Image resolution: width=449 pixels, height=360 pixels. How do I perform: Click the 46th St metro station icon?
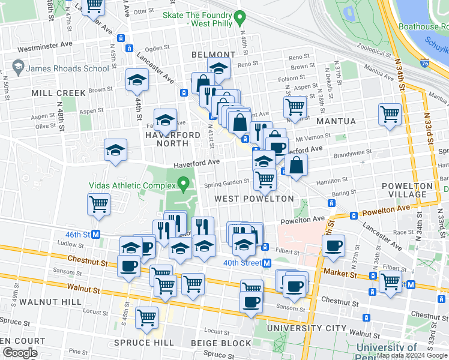[x=79, y=234]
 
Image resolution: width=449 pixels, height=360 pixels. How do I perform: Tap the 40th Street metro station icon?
[x=267, y=263]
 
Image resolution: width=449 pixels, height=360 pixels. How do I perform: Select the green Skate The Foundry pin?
[x=240, y=17]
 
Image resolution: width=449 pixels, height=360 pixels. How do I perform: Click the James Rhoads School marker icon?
[x=16, y=68]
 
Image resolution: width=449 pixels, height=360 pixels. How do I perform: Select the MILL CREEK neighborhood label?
[x=59, y=93]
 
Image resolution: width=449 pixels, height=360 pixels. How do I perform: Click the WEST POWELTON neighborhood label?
[x=254, y=198]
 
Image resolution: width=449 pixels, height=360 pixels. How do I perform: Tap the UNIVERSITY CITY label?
[x=307, y=328]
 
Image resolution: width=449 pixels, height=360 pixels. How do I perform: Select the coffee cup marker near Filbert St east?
[x=333, y=244]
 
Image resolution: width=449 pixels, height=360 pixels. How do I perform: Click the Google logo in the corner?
[x=19, y=353]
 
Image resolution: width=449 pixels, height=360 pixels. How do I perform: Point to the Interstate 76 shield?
[x=426, y=62]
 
